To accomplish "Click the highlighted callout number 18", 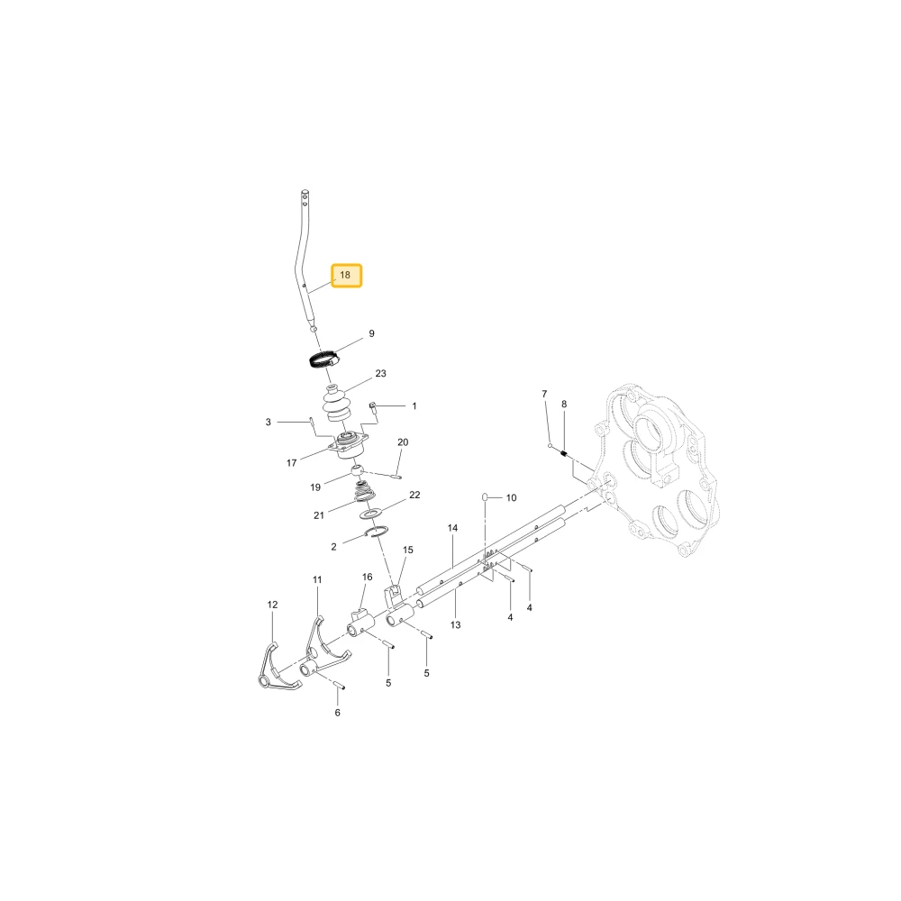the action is pos(345,275).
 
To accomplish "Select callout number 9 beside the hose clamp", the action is pos(372,333).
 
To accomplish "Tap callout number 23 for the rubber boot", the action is pos(380,374).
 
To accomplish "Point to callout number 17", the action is pos(291,462).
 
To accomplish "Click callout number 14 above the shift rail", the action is pos(453,527).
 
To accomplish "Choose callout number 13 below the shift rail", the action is pos(456,624).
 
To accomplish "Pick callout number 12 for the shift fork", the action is pos(272,605).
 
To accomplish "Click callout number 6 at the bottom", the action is pos(337,713).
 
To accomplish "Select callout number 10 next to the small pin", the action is pos(512,497).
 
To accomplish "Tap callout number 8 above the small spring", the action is pos(564,404).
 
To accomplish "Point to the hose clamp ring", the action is pos(323,360).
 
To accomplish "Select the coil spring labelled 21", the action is pos(364,493).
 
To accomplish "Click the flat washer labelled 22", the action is pos(371,513).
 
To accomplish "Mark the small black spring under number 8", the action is pos(564,454).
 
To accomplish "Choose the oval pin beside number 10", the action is pos(485,496).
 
